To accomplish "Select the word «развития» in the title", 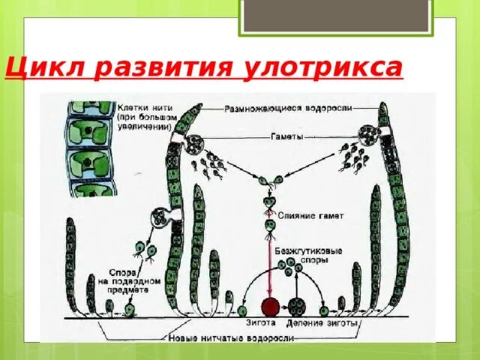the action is pos(157,70).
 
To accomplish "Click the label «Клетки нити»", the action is pos(137,106).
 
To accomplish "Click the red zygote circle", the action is pos(269,306).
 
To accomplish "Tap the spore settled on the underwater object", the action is pos(129,308).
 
